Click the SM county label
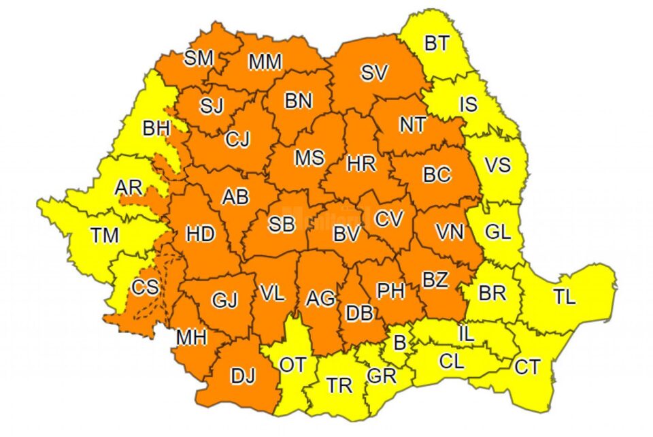click(199, 59)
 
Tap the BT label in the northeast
click(436, 44)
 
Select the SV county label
click(374, 73)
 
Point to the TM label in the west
click(105, 236)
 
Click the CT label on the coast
click(527, 368)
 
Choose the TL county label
click(564, 297)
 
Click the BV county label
click(346, 234)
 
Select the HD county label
click(201, 234)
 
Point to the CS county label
click(146, 287)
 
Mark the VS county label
click(497, 165)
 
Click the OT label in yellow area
click(293, 365)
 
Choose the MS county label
click(309, 157)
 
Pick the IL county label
click(467, 334)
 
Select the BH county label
click(156, 127)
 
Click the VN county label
click(450, 232)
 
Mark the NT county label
click(412, 125)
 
